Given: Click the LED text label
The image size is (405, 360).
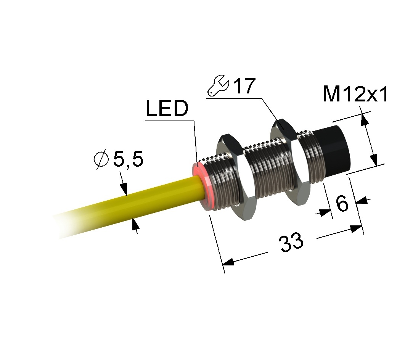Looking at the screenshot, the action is [x=167, y=108].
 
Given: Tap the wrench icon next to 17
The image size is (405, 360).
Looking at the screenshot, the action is [x=218, y=86].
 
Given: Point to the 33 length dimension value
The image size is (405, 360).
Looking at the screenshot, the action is [x=291, y=242].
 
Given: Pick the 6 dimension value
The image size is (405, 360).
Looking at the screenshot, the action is [x=342, y=203].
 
